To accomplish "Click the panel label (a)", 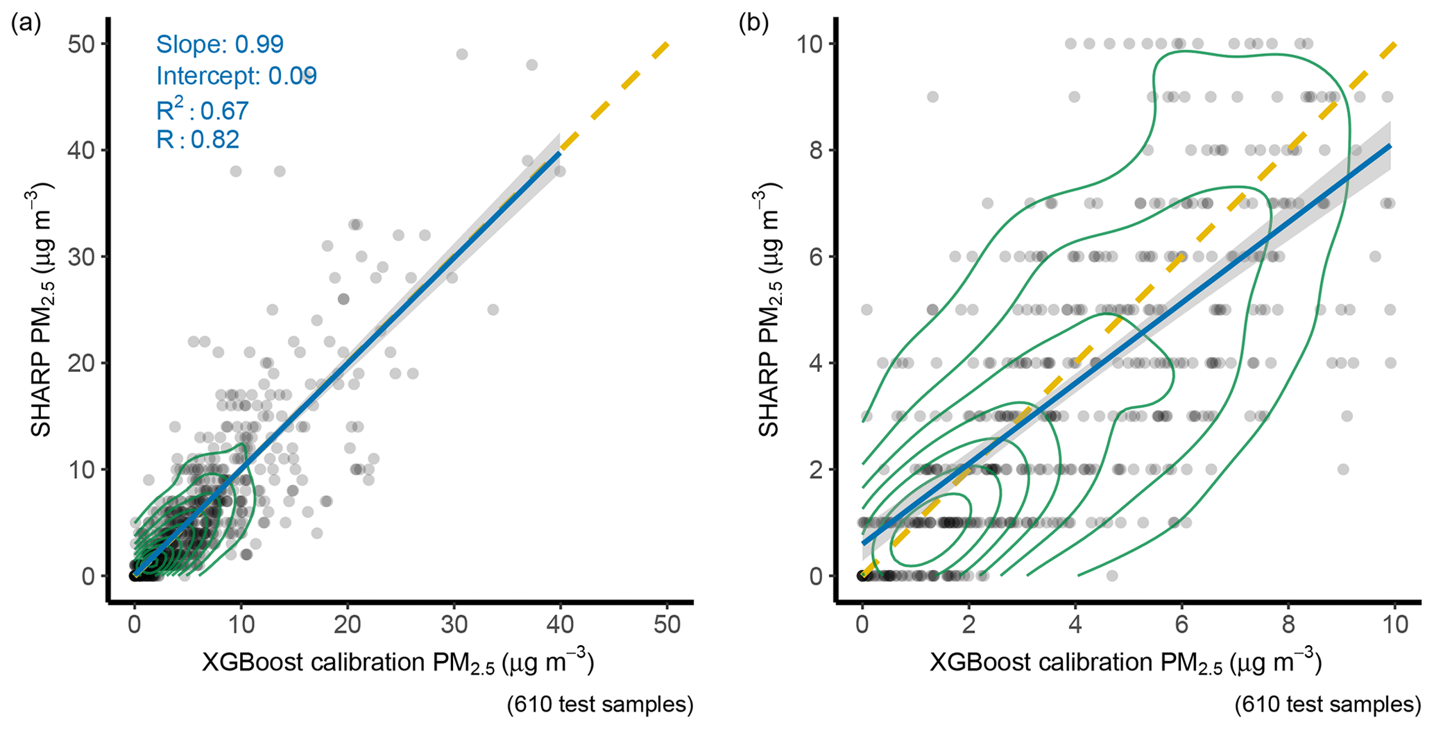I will [x=26, y=24].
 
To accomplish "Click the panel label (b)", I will [x=753, y=24].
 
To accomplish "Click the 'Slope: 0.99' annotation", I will [x=219, y=44].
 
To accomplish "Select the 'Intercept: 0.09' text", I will [x=236, y=76].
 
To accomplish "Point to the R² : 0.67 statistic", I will [x=202, y=110].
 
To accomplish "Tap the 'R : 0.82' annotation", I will [x=198, y=139].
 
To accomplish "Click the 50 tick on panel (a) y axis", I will [x=81, y=44].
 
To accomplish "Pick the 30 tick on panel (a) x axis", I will [x=454, y=624].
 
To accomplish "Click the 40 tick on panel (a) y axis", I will [x=81, y=151].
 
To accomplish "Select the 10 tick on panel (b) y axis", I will [x=808, y=44].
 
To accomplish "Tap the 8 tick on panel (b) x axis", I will [x=1288, y=624].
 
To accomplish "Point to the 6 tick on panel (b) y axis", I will [x=816, y=257].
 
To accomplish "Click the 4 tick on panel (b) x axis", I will [x=1075, y=624].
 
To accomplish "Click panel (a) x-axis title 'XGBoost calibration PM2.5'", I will [x=398, y=663].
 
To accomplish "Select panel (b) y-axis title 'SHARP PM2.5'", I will [x=769, y=310].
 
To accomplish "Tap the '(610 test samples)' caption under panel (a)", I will [x=600, y=705].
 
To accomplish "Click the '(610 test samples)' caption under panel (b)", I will [x=1327, y=705].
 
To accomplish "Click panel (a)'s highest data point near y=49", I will [x=462, y=54].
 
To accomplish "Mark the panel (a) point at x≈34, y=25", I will [x=493, y=309].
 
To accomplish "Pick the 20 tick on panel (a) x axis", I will [x=348, y=624].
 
